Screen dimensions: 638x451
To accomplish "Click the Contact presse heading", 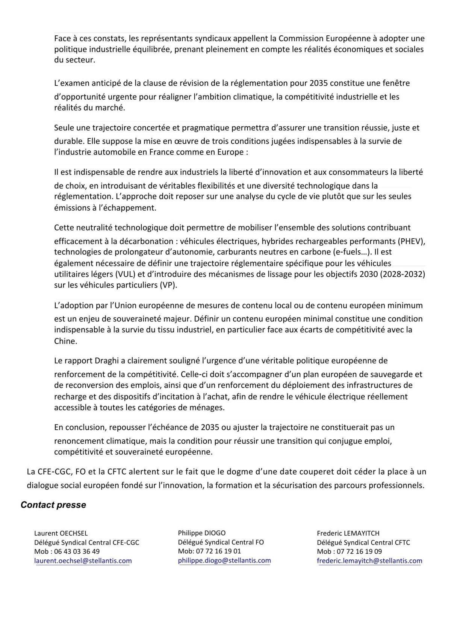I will click(x=53, y=505).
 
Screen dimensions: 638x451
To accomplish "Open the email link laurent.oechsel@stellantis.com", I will click(x=83, y=561).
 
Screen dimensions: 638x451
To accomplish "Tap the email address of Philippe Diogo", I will click(x=224, y=560).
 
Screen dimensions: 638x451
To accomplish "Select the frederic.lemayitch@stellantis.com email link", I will click(x=369, y=561).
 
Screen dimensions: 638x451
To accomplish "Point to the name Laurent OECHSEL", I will click(x=61, y=533).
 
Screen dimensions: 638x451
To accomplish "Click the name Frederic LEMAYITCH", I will click(x=348, y=533).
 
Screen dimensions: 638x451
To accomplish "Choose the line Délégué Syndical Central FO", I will click(x=221, y=542).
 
